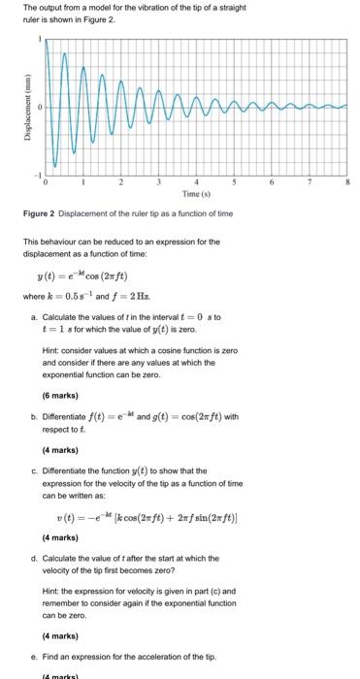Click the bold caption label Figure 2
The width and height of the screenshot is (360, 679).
[44, 213]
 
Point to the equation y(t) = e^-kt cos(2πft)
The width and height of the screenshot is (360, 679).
[91, 275]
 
